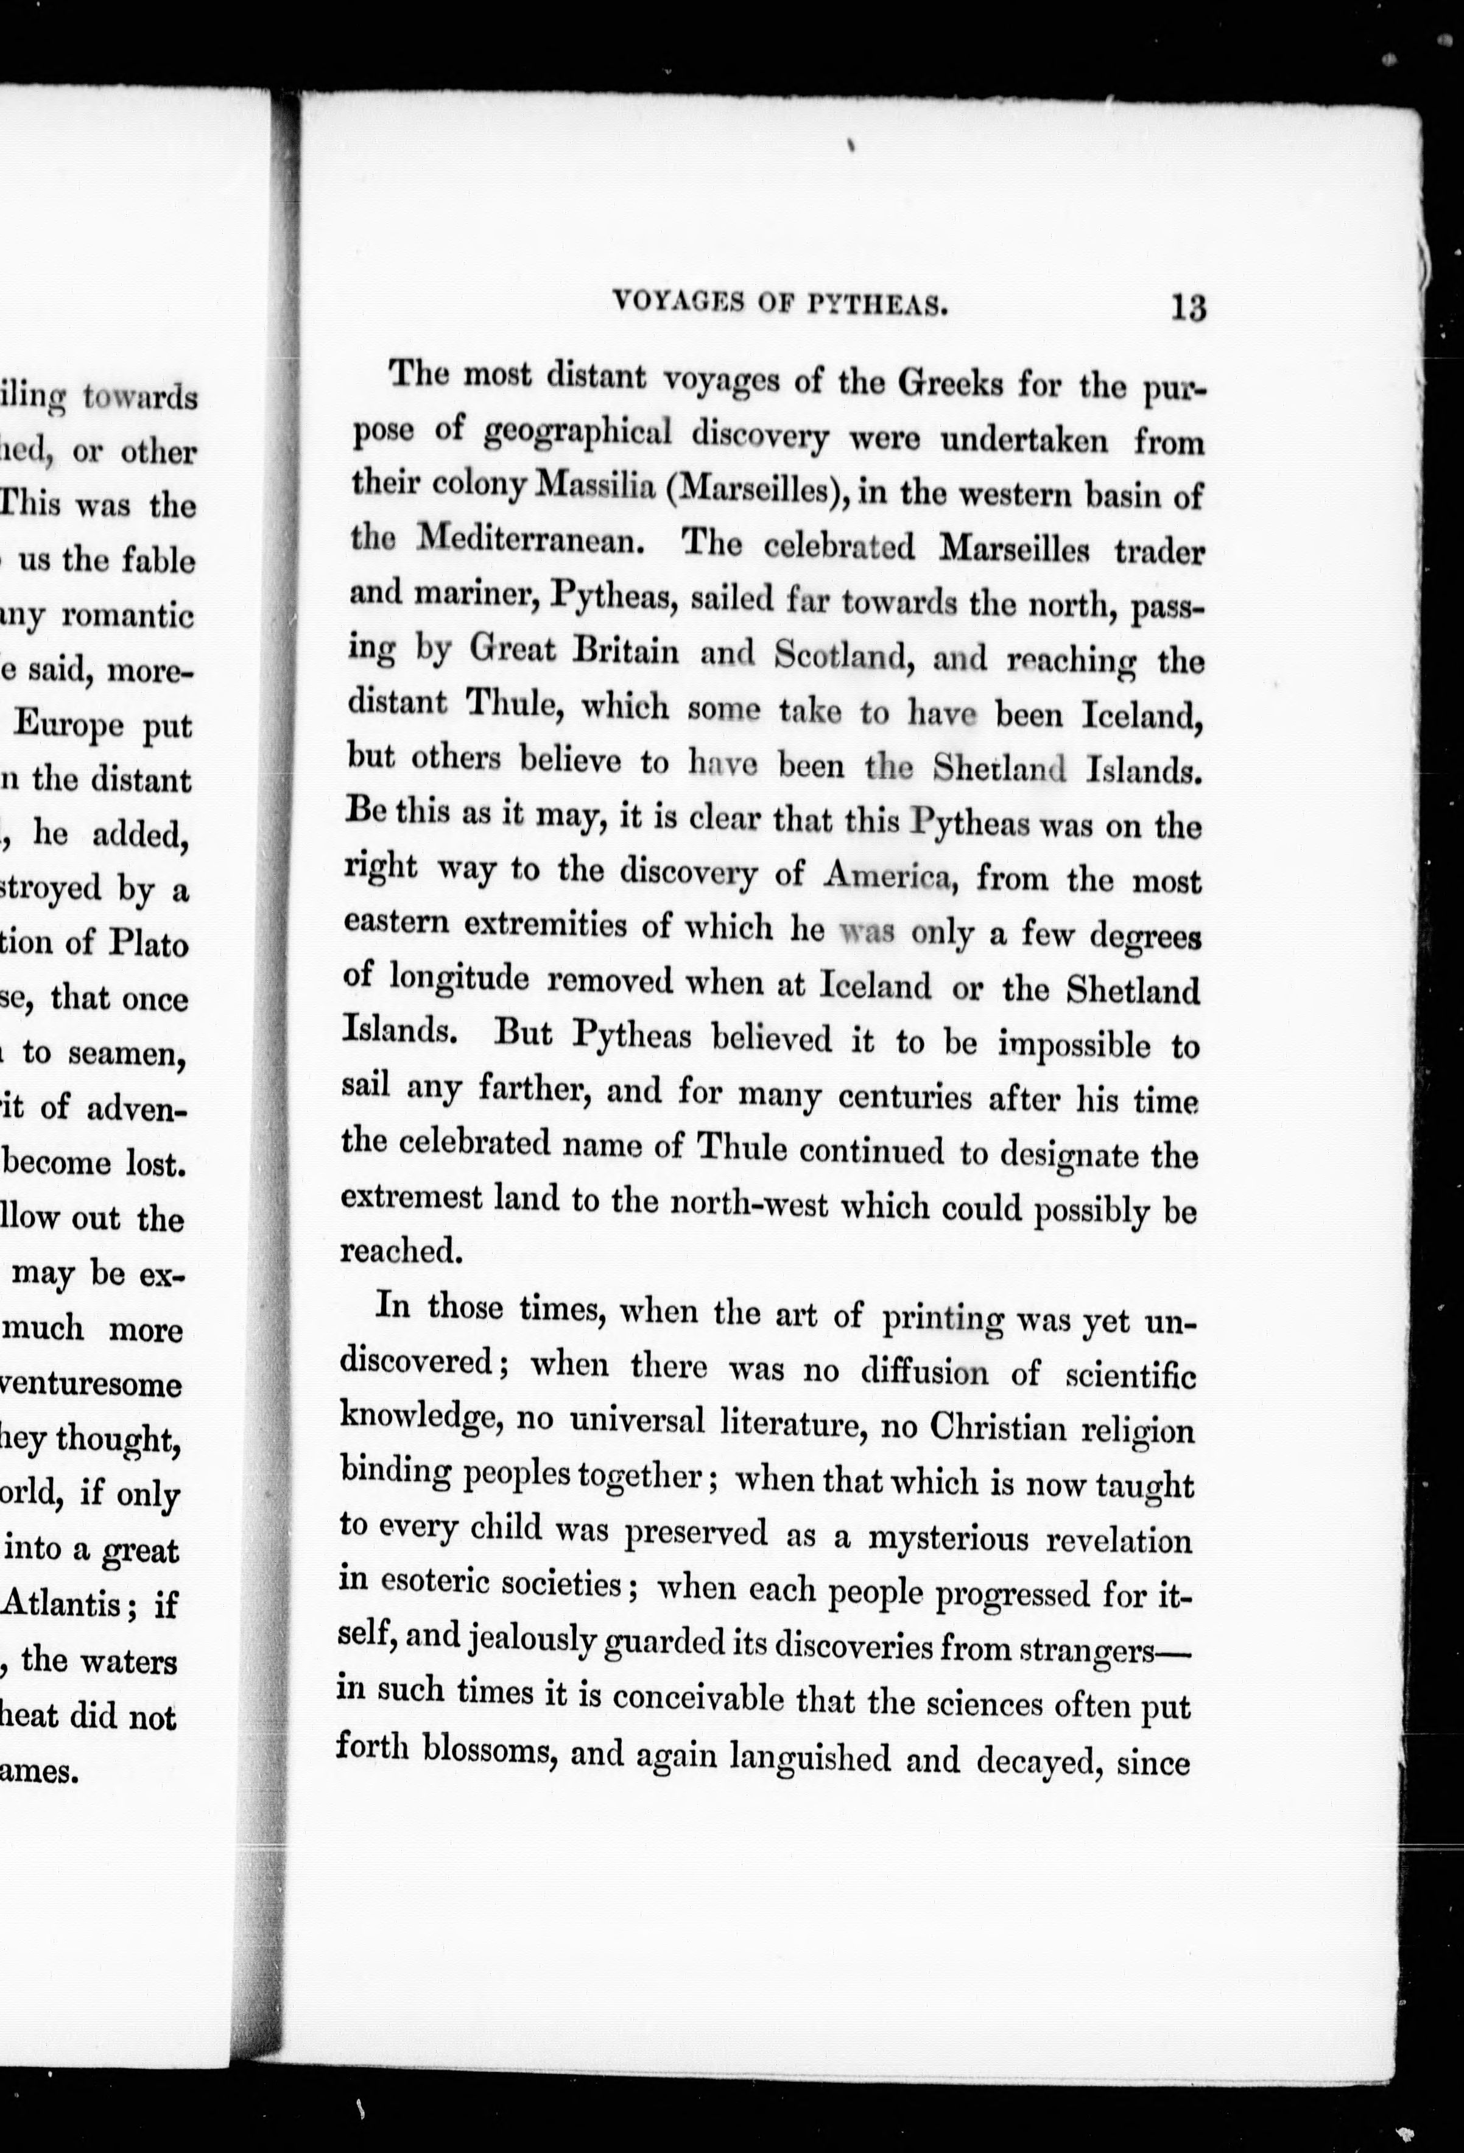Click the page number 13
coord(1188,307)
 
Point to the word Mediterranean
coord(531,538)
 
